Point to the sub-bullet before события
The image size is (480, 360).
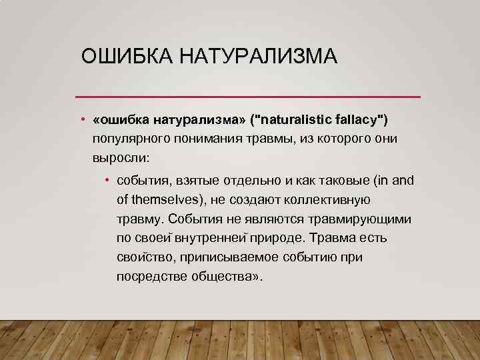pos(107,181)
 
